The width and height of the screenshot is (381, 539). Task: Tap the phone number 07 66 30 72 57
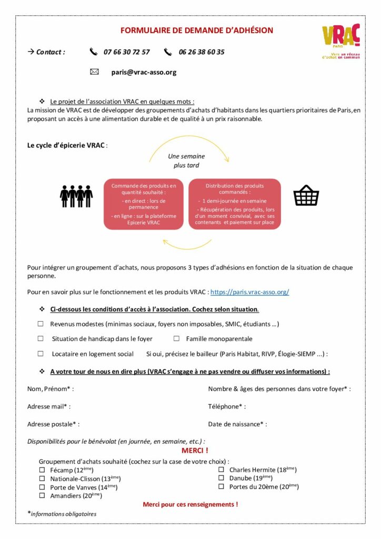[126, 52]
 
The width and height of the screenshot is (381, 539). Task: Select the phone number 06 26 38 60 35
[202, 52]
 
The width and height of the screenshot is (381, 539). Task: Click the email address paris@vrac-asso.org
[144, 72]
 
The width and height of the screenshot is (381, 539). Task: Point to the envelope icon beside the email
[95, 72]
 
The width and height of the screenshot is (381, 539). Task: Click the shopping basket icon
[306, 195]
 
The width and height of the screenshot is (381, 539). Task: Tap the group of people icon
[76, 195]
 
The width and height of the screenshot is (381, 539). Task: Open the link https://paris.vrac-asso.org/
[249, 292]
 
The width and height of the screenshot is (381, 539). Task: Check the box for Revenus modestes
[41, 324]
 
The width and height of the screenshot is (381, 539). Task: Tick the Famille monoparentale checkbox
[176, 338]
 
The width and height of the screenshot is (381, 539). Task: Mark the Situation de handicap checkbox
[41, 338]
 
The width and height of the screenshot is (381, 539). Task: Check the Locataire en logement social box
[41, 354]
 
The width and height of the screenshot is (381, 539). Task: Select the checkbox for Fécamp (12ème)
[42, 470]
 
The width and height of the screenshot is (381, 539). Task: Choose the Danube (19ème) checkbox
[221, 478]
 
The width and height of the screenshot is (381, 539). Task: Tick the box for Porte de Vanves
[42, 487]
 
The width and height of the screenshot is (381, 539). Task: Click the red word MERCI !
[195, 451]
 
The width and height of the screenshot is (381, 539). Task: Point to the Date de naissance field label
[237, 424]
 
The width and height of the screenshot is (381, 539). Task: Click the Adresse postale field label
[53, 424]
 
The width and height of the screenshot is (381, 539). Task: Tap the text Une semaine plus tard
[186, 161]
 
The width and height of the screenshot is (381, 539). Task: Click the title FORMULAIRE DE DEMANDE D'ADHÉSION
[197, 31]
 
